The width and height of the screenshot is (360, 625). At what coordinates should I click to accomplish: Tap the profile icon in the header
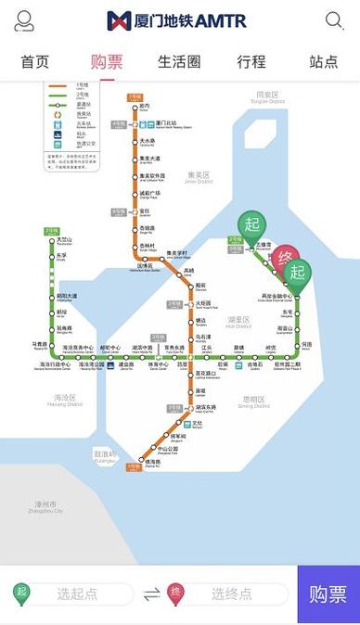[24, 20]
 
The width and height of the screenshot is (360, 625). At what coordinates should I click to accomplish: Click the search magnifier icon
[334, 20]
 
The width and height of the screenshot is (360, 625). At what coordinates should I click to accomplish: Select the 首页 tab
[35, 62]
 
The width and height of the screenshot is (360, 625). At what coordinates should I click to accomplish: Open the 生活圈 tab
[179, 62]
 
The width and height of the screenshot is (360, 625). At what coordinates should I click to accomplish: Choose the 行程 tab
[251, 62]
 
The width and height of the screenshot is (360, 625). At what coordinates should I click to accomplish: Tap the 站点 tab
[323, 62]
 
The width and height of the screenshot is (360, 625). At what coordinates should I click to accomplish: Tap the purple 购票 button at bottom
[328, 593]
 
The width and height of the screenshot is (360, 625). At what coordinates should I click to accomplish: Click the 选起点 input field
[77, 593]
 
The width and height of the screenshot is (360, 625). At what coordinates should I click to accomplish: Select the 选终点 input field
[231, 593]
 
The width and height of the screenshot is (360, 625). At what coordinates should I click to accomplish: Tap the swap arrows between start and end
[151, 593]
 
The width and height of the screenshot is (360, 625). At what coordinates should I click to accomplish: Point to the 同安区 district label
[267, 95]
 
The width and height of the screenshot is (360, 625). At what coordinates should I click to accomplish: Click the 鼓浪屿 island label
[106, 454]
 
